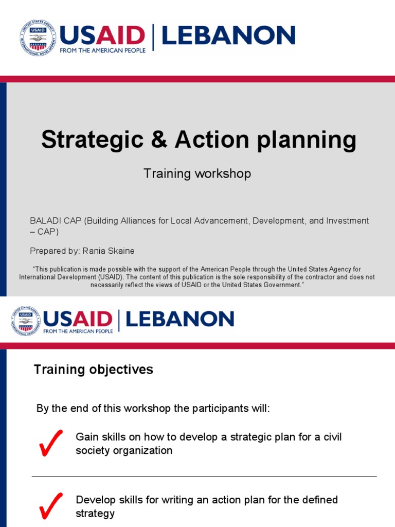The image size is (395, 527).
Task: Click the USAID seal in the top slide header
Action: [38, 38]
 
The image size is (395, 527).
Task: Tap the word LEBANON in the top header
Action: [228, 36]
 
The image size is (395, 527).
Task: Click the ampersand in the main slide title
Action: [160, 140]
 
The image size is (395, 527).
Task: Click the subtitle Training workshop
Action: [197, 173]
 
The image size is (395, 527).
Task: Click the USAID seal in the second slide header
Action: [25, 321]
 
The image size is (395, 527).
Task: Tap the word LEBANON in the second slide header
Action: [179, 319]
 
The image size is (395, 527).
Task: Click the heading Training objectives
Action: [93, 370]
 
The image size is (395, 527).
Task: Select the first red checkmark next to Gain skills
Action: [51, 442]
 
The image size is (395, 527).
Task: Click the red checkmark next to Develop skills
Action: [51, 505]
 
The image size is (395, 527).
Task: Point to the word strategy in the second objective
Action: [95, 514]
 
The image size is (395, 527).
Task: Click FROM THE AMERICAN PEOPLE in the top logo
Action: [103, 50]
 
